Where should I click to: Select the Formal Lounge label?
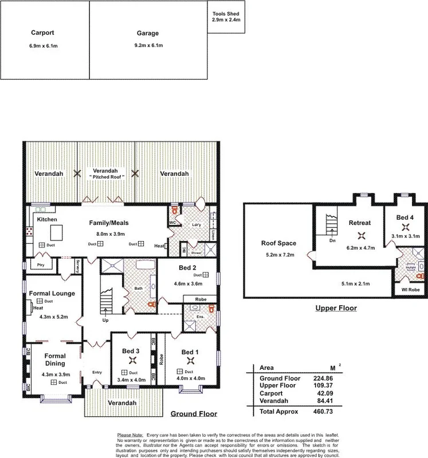click(52, 293)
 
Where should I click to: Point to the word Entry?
click(96, 373)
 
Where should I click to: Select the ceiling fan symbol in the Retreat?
click(361, 235)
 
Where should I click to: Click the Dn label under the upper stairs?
click(333, 241)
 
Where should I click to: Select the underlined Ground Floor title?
click(190, 413)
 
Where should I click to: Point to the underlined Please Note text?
click(131, 435)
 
